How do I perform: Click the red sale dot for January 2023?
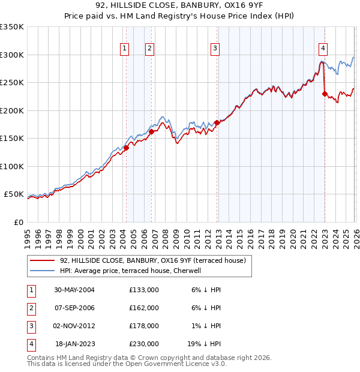coord(325,94)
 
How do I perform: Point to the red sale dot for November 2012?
coord(217,122)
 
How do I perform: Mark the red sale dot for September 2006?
coord(152,131)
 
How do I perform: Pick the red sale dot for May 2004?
coord(127,148)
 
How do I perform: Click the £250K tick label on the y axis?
coord(12,83)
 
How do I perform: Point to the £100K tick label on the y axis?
coord(12,166)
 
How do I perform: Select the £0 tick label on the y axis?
coord(18,222)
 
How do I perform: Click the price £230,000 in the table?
coord(144,344)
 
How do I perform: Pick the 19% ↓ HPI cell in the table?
coord(204,344)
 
